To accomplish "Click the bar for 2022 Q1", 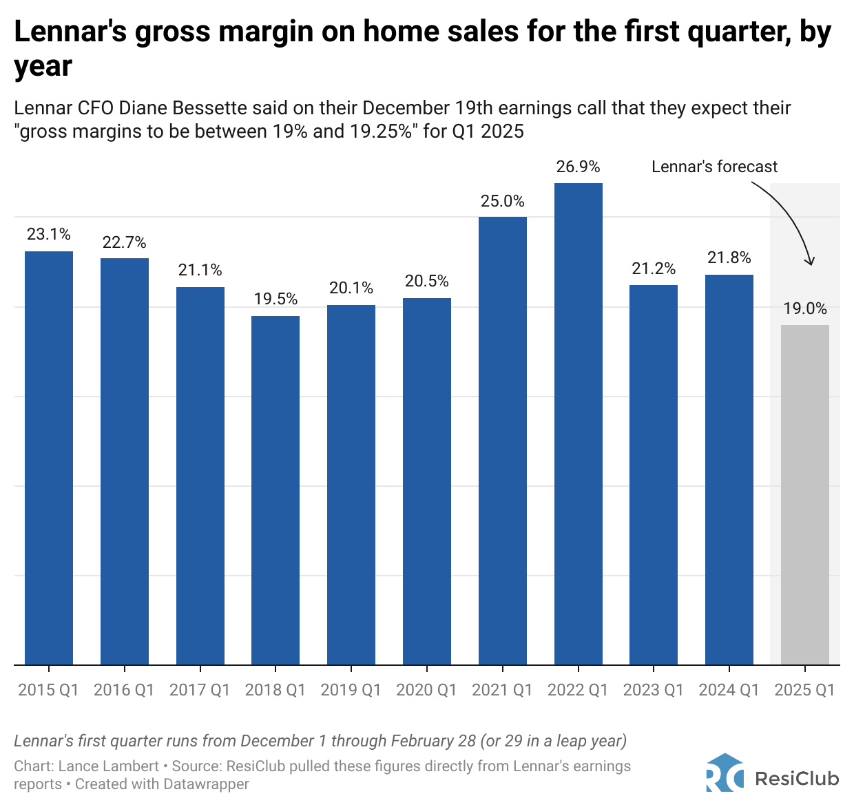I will pos(578,423).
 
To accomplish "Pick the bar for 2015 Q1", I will pos(49,458).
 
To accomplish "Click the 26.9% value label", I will pos(578,167).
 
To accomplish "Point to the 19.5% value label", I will pos(275,299).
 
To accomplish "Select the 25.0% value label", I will pos(502,201).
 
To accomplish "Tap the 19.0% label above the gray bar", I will pos(804,308).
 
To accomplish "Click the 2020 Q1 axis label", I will pos(426,690).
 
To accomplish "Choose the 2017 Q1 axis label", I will pos(200,690).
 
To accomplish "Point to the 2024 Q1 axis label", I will pos(729,690).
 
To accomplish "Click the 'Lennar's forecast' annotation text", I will pos(714,167).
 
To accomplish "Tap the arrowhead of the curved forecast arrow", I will pos(811,261).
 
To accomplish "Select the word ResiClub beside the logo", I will pos(797,779).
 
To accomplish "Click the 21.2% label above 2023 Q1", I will pos(654,269).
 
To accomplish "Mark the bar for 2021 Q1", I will pos(502,441).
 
